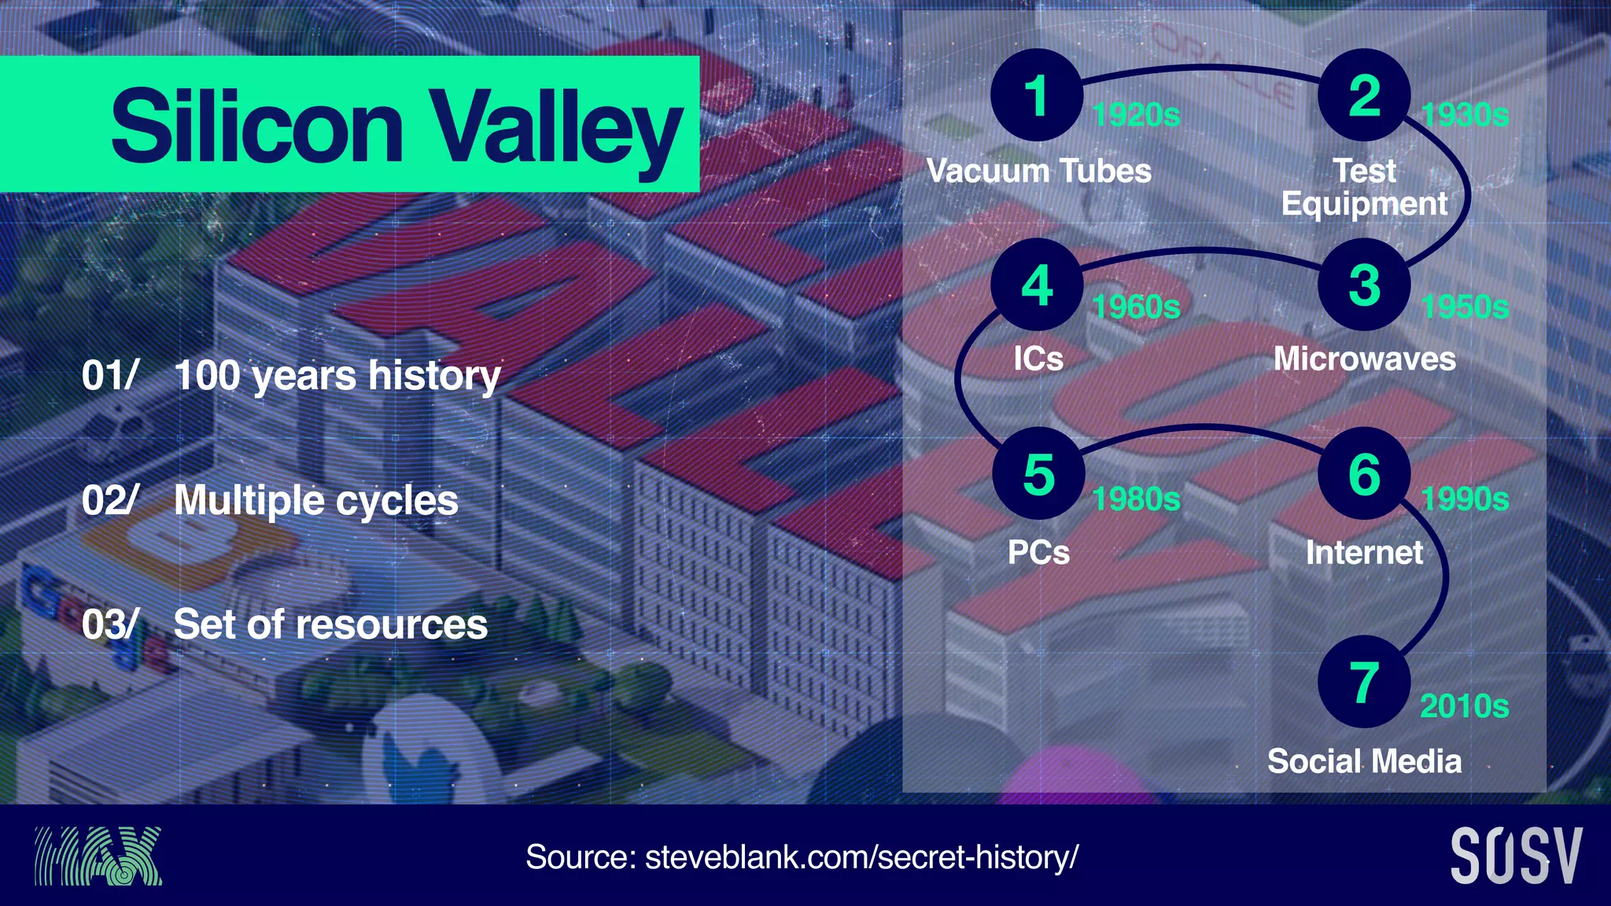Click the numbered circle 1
(x=1037, y=95)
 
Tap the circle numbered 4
(x=1037, y=285)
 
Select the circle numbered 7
(x=1364, y=682)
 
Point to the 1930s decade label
(x=1465, y=115)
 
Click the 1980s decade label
(x=1136, y=499)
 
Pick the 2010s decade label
(x=1464, y=706)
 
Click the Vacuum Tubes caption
(x=1038, y=171)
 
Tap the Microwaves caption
(x=1364, y=359)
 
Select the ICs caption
(x=1038, y=359)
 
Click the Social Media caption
(x=1364, y=761)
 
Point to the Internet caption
(x=1364, y=552)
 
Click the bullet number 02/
(x=110, y=500)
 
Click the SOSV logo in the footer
(x=1516, y=856)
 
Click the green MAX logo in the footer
(x=98, y=856)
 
